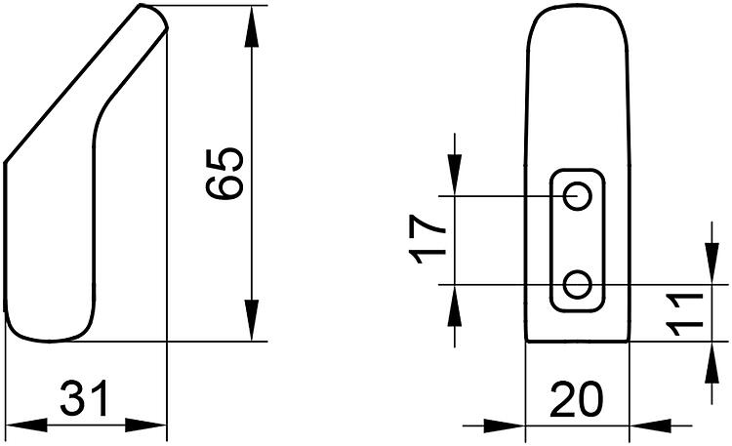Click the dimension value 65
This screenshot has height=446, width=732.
pos(225,174)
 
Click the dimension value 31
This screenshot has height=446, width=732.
pos(85,398)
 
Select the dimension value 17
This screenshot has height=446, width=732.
pos(427,240)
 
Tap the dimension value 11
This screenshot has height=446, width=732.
pos(684,315)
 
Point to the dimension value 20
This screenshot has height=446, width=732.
pos(577,399)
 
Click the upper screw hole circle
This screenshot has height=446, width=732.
pos(578,196)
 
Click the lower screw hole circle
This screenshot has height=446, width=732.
pos(577,284)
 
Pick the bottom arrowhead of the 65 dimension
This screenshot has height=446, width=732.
pos(252,320)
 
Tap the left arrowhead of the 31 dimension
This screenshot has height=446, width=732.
pos(26,426)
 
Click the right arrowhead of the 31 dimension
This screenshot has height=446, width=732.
pos(146,426)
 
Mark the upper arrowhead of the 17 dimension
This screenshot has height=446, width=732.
pos(454,175)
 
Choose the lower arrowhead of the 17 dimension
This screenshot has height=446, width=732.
pos(454,305)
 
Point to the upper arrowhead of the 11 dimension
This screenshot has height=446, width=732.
pos(712,264)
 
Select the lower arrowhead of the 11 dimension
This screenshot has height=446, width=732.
pos(712,362)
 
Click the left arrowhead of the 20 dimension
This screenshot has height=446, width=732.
pos(505,426)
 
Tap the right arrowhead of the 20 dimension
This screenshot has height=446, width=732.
pos(651,426)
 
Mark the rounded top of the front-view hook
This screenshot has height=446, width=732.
pos(578,7)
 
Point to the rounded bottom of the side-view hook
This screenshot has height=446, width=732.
pos(49,340)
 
